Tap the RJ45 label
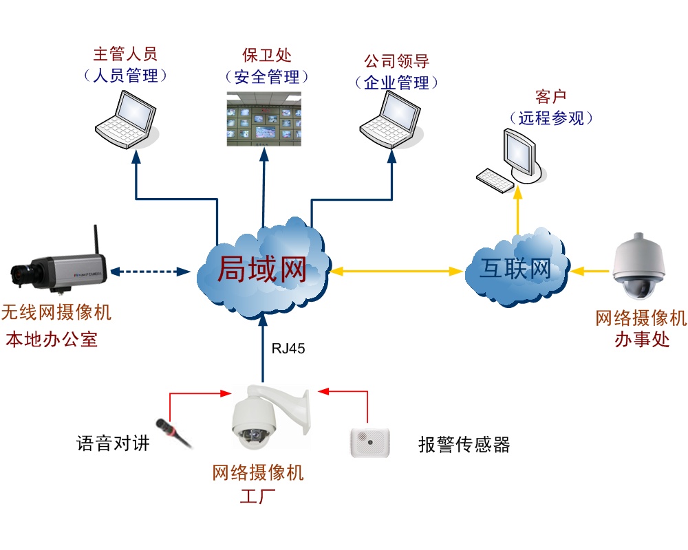(x=288, y=349)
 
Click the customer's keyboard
(x=494, y=180)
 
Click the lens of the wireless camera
(x=19, y=274)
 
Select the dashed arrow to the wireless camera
(x=151, y=272)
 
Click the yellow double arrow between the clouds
(x=396, y=272)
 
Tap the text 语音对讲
(x=113, y=443)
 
